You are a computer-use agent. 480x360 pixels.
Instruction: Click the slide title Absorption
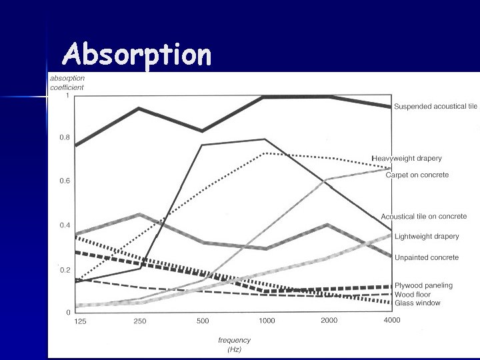137,56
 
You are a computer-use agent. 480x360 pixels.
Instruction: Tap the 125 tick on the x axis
79,321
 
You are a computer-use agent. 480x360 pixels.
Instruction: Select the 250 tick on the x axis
139,321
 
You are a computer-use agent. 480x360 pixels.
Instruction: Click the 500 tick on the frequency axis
202,321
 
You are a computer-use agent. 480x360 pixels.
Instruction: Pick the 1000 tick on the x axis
266,321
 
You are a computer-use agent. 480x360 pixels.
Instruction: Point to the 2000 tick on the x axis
329,321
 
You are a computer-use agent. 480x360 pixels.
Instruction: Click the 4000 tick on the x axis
391,321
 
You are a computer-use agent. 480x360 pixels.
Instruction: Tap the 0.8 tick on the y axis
64,137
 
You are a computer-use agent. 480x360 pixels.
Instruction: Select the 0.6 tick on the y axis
64,181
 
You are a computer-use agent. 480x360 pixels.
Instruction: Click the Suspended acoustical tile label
435,107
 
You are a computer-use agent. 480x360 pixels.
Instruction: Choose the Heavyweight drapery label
407,159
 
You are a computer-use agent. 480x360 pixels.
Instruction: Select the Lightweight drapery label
427,237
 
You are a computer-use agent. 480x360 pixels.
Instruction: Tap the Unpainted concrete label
427,257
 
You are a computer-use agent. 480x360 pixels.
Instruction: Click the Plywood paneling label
423,285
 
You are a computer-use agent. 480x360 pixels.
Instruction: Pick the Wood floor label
413,294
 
